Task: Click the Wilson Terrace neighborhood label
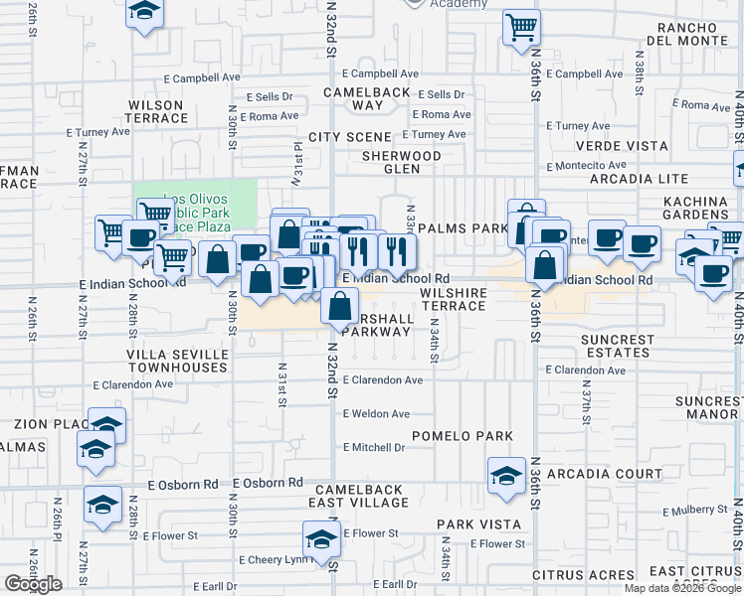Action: [156, 111]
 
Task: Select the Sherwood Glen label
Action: [401, 162]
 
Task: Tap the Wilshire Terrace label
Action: [453, 299]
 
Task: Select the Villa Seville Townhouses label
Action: [177, 361]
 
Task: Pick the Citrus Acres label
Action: [583, 574]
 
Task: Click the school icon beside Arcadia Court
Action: [506, 473]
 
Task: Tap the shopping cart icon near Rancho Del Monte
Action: [521, 27]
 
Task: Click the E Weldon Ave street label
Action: [377, 414]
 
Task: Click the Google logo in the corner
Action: [33, 584]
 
